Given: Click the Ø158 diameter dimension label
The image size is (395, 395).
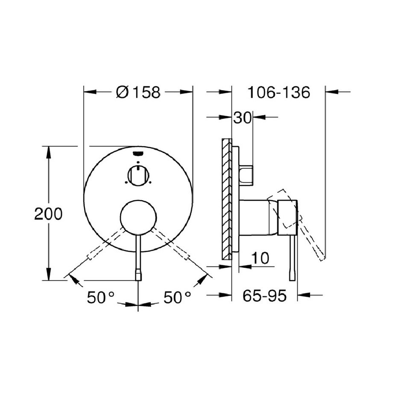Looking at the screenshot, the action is coord(138,92).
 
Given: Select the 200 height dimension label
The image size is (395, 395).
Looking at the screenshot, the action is coord(48,214).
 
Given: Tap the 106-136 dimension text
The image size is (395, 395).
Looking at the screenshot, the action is coord(278,92).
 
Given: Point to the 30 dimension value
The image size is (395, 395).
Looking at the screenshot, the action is coord(243,117).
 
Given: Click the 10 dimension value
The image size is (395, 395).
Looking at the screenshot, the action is coord(260,258).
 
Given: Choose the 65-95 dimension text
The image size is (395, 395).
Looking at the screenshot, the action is coord(264,296).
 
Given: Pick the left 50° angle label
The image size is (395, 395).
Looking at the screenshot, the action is coord(100,297).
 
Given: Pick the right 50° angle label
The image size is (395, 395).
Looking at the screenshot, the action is coord(177,297).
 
